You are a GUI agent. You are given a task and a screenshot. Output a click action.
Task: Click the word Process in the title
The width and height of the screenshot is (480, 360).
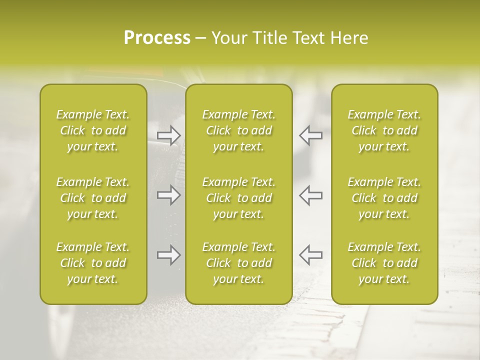pyautogui.click(x=157, y=38)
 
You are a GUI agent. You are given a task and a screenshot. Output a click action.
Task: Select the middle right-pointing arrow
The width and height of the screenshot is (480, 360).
pyautogui.click(x=169, y=195)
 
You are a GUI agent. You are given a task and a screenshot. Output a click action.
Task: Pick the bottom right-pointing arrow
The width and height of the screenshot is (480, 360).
pyautogui.click(x=169, y=255)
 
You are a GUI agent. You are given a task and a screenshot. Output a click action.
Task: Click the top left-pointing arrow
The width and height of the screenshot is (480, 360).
pyautogui.click(x=310, y=135)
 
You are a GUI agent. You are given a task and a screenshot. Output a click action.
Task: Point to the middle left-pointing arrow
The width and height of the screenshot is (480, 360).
pyautogui.click(x=310, y=195)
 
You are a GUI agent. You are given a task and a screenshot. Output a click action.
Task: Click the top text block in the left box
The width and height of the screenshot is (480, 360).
pyautogui.click(x=93, y=130)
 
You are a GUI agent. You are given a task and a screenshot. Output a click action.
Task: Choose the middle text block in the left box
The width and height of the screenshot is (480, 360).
pyautogui.click(x=93, y=198)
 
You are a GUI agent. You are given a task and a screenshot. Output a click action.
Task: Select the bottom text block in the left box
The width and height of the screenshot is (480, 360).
pyautogui.click(x=93, y=263)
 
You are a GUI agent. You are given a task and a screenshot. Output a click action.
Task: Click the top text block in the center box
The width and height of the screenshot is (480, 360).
pyautogui.click(x=239, y=130)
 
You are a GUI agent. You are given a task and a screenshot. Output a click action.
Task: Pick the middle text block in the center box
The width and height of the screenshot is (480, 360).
pyautogui.click(x=239, y=198)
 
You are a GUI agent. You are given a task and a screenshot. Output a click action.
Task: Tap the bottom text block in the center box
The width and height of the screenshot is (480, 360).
pyautogui.click(x=239, y=263)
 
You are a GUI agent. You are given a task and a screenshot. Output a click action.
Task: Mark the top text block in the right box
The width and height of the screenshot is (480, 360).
pyautogui.click(x=384, y=130)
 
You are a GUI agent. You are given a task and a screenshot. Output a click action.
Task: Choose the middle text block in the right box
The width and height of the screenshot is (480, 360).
pyautogui.click(x=384, y=198)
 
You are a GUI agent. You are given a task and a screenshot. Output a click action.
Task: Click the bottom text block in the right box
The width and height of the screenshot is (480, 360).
pyautogui.click(x=384, y=263)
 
